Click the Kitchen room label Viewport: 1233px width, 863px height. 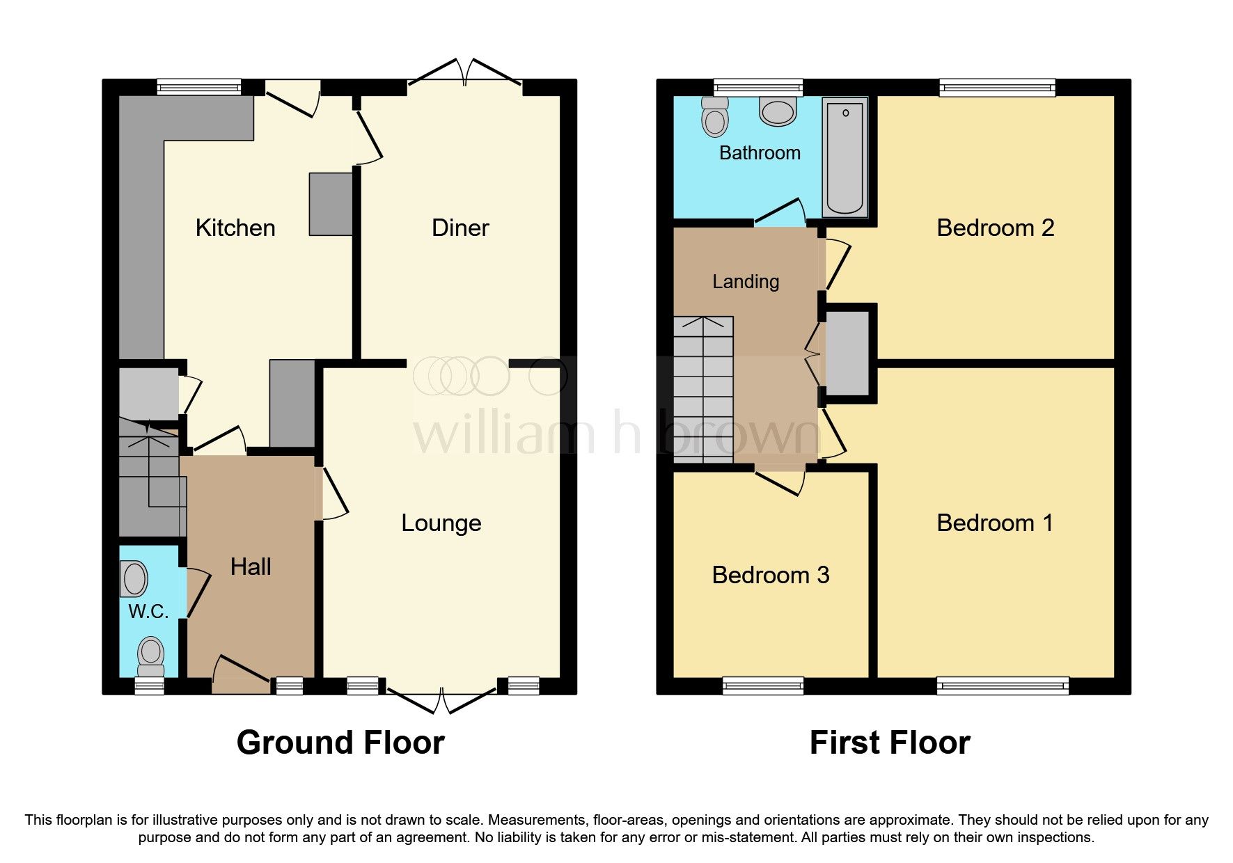tap(235, 228)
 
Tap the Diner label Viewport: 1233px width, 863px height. tap(460, 228)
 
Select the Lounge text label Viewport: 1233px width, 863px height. tap(441, 523)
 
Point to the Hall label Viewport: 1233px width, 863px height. tap(251, 567)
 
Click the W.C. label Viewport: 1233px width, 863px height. tap(148, 611)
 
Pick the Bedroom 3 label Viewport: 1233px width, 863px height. tap(770, 575)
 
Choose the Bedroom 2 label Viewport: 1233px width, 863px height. tap(995, 228)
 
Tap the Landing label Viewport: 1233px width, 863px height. tap(746, 281)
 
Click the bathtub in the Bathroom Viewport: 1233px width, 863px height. tap(845, 158)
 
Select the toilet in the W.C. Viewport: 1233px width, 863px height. tap(150, 657)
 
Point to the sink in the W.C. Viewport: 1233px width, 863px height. tap(134, 579)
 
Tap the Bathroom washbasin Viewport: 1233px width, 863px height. tap(777, 111)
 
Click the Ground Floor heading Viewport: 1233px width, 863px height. tap(340, 743)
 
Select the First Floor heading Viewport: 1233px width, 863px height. tap(890, 743)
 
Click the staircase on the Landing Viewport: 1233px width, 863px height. tap(703, 390)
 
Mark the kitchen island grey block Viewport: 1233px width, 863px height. tap(331, 204)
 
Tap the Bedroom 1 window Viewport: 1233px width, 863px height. tap(1002, 686)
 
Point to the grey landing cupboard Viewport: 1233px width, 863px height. tap(847, 354)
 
